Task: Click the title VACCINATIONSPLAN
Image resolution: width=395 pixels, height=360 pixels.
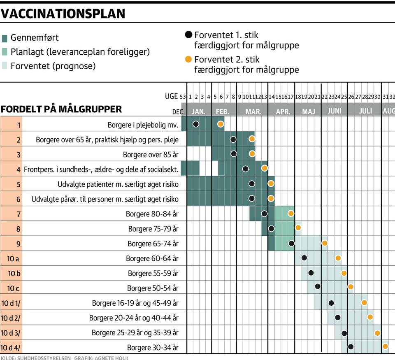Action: coord(63,14)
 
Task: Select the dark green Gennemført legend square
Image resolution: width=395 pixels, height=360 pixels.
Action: coord(5,38)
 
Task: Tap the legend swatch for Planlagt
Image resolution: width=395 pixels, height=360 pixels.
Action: coord(5,52)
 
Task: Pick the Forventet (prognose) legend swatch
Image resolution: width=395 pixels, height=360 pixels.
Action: coord(5,66)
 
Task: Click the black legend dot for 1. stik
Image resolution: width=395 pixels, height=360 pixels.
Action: coord(188,35)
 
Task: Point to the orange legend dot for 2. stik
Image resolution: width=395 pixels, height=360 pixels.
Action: coord(188,59)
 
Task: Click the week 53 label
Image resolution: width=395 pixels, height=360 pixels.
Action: coord(183,97)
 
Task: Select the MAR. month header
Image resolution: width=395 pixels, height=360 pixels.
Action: coord(253,111)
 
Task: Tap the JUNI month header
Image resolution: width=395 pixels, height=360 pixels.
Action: coord(335,111)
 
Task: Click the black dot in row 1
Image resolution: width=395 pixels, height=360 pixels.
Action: coord(196,124)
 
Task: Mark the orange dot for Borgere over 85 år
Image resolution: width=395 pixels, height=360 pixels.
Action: coord(252,153)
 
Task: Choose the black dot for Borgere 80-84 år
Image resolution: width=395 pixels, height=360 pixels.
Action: coord(264,214)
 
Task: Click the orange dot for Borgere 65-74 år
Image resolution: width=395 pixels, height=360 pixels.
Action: coord(324,243)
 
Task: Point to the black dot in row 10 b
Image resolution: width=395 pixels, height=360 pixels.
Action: coord(311,273)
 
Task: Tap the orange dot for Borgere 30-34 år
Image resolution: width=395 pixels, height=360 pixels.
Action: coord(385,346)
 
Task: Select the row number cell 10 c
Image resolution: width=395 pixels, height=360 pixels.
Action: coord(14,288)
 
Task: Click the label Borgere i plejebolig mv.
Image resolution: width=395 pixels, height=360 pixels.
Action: coord(143,125)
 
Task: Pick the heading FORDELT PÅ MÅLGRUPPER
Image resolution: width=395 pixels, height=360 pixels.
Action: coord(61,109)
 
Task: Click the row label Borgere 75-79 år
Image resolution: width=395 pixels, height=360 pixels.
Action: coord(153,229)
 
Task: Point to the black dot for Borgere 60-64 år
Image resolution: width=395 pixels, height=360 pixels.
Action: coord(304,258)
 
